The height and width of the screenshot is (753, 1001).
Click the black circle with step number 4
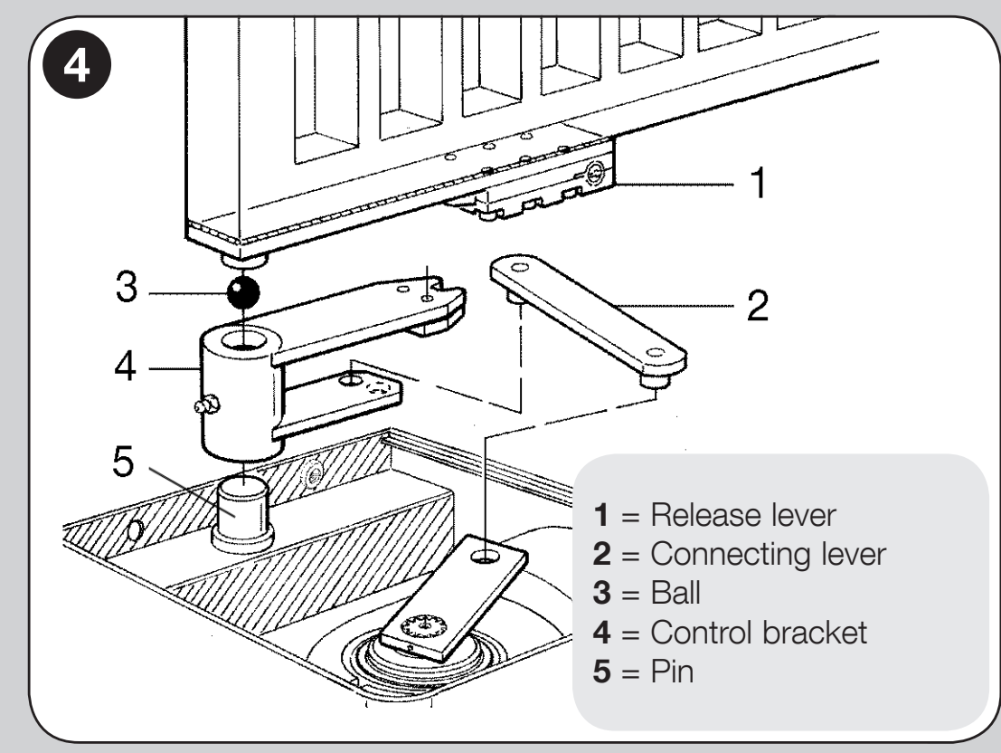77,64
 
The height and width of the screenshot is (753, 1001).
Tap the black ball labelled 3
243,292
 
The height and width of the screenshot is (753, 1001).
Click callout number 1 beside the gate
758,183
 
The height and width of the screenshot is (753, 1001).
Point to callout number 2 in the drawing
757,305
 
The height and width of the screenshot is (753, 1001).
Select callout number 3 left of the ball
127,286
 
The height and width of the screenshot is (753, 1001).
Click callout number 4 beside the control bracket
126,367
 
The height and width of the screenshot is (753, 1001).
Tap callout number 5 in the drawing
123,461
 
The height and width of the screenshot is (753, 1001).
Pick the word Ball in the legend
675,593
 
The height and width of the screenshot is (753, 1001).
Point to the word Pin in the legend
672,672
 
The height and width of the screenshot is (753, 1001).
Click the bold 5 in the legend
601,672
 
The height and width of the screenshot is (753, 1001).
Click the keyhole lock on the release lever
594,171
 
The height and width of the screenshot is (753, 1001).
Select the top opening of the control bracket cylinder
245,338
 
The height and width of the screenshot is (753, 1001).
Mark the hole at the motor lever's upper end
486,556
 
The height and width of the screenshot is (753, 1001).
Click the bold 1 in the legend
601,515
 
